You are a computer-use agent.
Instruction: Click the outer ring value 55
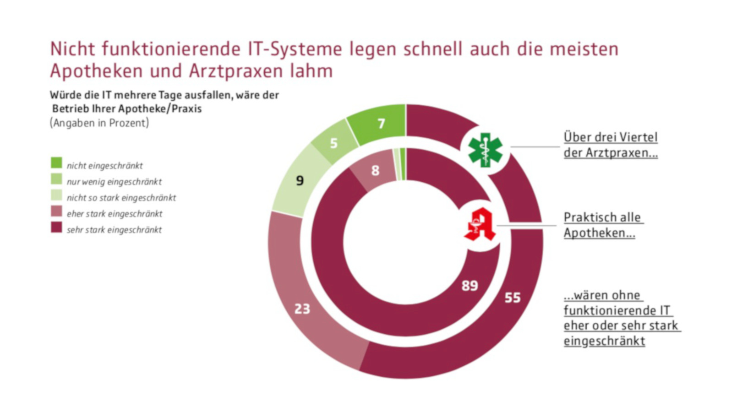click(513, 298)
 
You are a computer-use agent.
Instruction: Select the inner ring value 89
click(470, 286)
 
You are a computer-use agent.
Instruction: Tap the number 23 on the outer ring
click(302, 309)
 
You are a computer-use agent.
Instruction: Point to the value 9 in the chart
click(300, 180)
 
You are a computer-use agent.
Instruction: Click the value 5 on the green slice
click(334, 143)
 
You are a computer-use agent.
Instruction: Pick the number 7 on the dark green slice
click(381, 124)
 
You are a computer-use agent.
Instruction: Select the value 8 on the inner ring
click(375, 171)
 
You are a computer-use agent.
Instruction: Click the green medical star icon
click(485, 150)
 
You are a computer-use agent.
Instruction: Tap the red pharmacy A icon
click(480, 224)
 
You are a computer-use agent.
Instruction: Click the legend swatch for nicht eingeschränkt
click(56, 163)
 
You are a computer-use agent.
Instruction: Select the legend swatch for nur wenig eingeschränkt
click(56, 179)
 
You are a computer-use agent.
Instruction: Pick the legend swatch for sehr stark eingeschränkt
click(56, 228)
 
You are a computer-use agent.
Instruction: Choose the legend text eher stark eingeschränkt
click(115, 214)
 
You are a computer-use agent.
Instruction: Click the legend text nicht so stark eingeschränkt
click(121, 198)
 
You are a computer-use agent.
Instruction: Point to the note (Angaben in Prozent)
click(99, 123)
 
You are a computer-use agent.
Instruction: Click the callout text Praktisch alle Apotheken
click(602, 225)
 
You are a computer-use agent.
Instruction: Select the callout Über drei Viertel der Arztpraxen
click(610, 145)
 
